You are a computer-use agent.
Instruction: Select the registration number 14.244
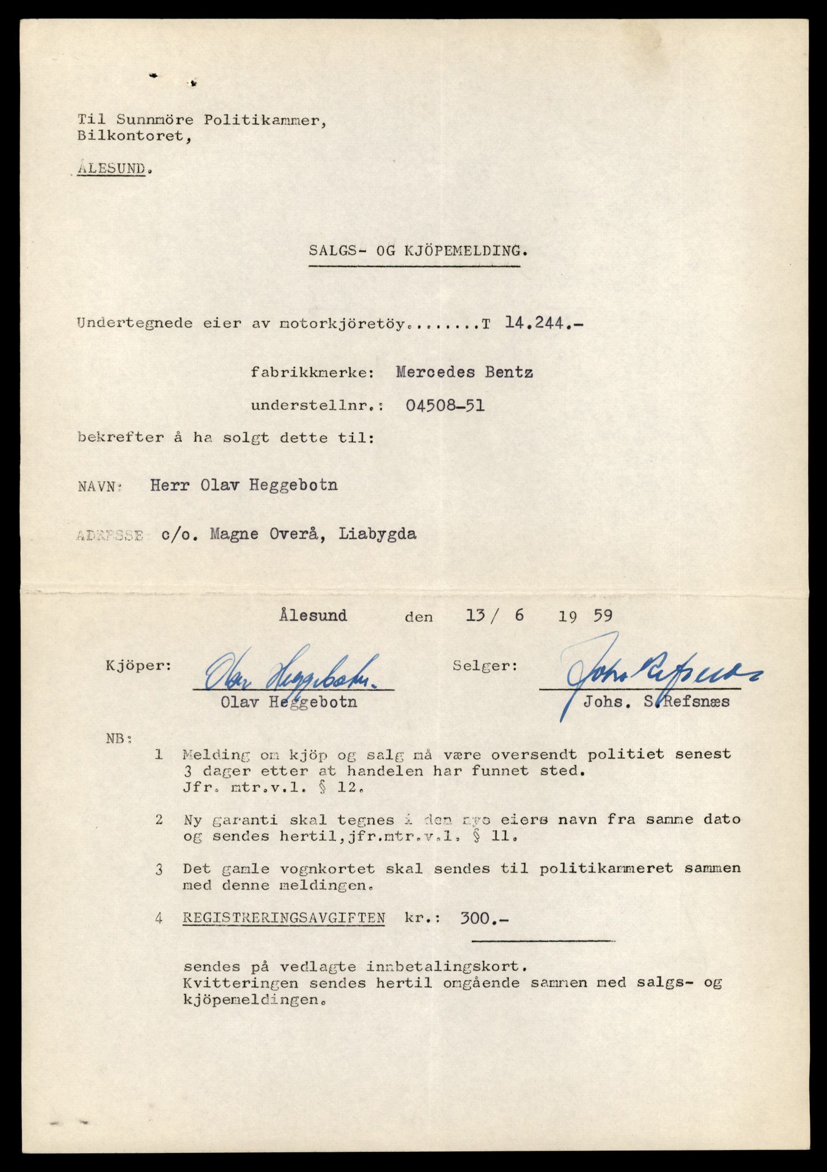click(x=537, y=323)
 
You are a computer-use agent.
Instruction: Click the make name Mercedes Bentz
click(x=464, y=373)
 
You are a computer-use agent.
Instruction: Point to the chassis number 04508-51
click(x=445, y=406)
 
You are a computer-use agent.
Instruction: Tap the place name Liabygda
click(x=377, y=534)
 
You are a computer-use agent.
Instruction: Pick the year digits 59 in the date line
click(x=603, y=616)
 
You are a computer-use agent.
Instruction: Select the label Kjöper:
click(x=138, y=666)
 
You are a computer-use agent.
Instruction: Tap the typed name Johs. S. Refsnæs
click(x=656, y=702)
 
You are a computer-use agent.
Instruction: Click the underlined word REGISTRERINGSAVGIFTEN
click(x=284, y=918)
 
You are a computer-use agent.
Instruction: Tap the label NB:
click(x=119, y=738)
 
